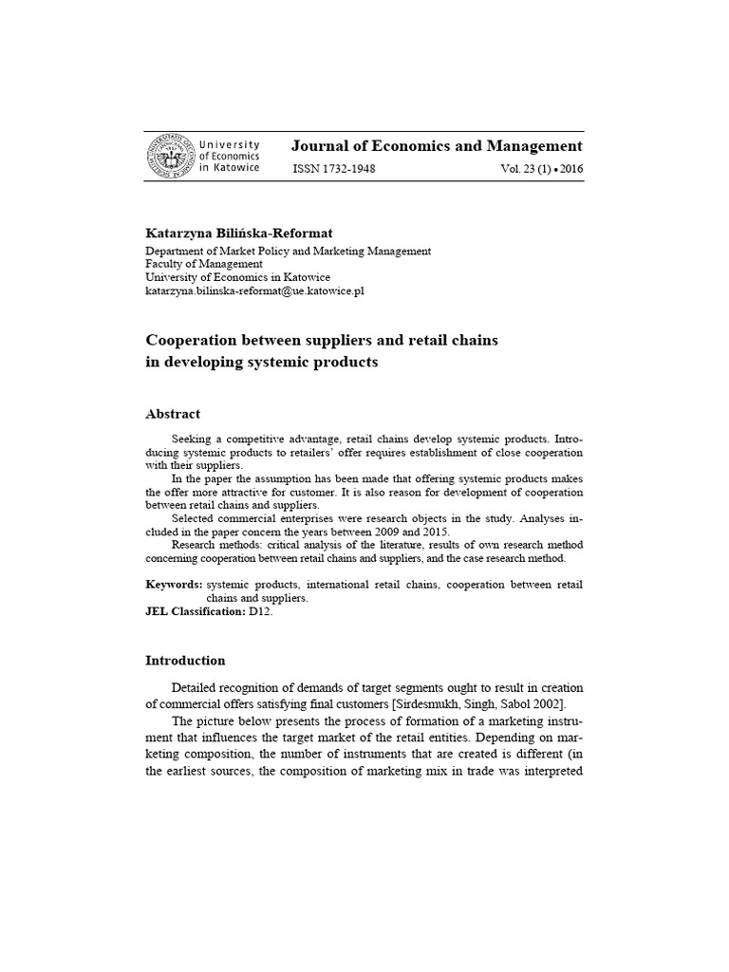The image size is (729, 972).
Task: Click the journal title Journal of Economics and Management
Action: [x=437, y=146]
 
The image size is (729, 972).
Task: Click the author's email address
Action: [x=254, y=291]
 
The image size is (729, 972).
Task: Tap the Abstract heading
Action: [x=172, y=414]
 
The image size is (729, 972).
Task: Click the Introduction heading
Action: [x=185, y=661]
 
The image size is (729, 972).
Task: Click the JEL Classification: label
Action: [x=195, y=613]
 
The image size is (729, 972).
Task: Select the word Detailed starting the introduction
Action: [x=197, y=687]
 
